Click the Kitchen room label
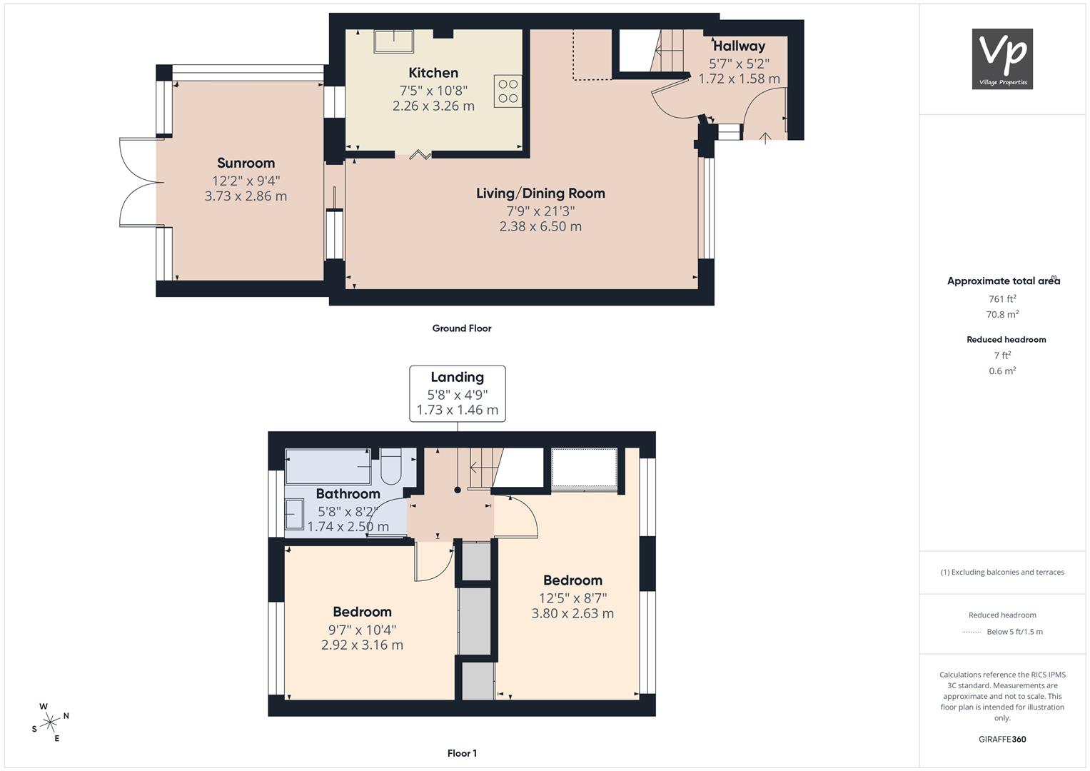point(433,73)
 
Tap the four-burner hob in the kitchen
point(508,91)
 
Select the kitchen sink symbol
point(393,41)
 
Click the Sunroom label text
point(246,163)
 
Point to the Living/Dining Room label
point(540,193)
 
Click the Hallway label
point(739,46)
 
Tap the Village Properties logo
point(1002,59)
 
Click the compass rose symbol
point(50,722)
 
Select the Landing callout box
point(458,394)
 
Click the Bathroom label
point(348,494)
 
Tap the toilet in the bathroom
point(390,466)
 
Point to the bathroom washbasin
point(294,514)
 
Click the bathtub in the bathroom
point(328,467)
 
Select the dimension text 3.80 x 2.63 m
point(572,613)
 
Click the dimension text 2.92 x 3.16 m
point(362,645)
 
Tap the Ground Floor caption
point(462,328)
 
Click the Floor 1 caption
point(462,753)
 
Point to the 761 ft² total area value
point(1002,299)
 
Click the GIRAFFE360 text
point(1002,740)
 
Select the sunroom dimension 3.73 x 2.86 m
point(246,196)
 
